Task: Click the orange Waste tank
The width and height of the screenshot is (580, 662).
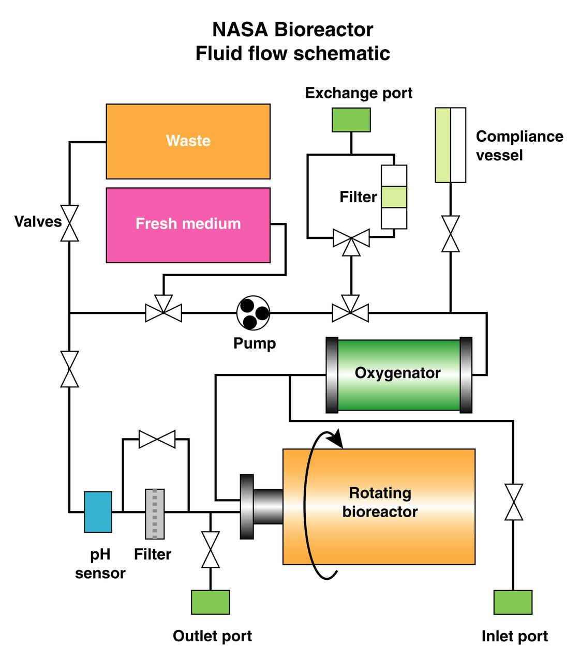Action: point(188,141)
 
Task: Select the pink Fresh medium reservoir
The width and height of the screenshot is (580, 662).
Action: point(188,224)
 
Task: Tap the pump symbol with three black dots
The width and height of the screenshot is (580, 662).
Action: point(253,313)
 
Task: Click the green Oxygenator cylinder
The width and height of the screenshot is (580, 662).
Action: point(398,374)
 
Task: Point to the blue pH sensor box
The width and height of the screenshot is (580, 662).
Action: point(98,511)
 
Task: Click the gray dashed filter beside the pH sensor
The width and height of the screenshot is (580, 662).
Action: point(155,514)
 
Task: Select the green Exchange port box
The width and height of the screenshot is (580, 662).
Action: point(351,119)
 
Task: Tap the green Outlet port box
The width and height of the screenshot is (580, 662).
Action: point(210,602)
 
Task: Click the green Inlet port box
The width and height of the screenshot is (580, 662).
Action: point(513,602)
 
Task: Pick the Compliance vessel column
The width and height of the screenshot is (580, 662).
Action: point(450,145)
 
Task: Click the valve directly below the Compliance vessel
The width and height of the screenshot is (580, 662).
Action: point(451,234)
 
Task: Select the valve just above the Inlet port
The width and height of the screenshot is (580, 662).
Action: point(514,502)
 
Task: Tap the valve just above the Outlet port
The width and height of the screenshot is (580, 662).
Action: point(210,549)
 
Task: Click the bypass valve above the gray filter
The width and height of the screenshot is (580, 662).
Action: point(157,439)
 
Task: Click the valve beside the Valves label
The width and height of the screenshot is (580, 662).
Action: point(69,223)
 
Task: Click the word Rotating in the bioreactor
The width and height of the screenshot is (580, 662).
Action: point(380,493)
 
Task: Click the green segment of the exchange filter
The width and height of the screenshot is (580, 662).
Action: point(394,197)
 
